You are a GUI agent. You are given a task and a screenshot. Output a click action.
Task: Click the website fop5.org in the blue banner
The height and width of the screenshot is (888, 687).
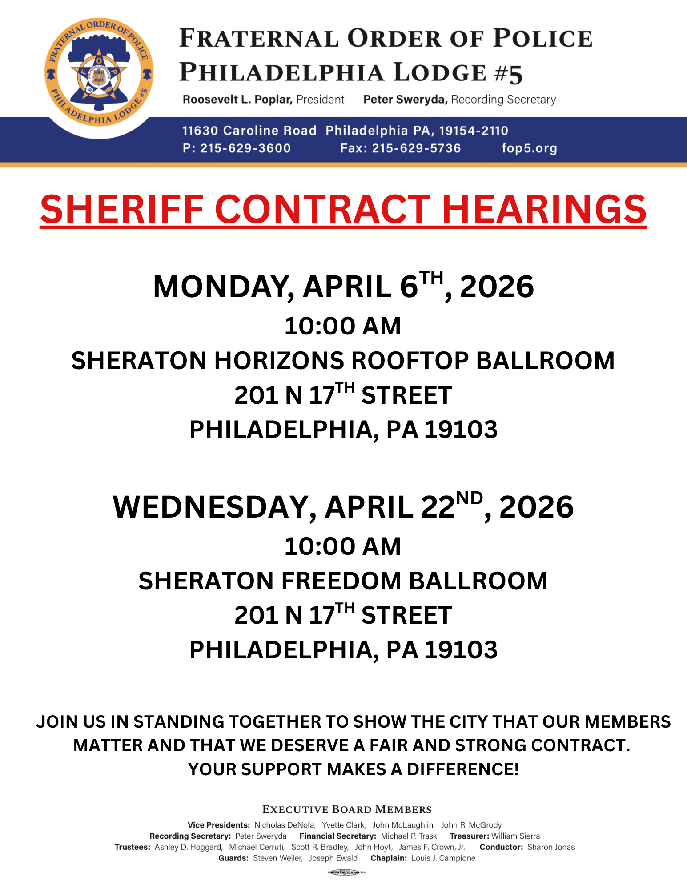(x=529, y=148)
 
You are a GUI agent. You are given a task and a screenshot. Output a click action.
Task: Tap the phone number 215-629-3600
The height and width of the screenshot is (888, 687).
(x=245, y=148)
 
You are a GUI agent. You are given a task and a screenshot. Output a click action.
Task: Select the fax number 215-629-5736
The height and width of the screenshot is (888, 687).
(x=416, y=148)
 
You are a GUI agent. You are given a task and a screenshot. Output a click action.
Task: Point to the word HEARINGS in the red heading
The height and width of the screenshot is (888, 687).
(x=544, y=209)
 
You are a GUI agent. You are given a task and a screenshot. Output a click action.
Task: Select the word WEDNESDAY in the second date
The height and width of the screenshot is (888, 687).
(x=215, y=507)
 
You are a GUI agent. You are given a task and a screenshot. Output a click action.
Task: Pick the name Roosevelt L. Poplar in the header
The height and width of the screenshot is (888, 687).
(x=237, y=100)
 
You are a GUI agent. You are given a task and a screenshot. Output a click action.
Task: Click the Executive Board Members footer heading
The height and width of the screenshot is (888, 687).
(x=347, y=809)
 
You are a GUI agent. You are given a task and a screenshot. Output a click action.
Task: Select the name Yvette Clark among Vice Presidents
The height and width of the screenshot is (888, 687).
(x=344, y=825)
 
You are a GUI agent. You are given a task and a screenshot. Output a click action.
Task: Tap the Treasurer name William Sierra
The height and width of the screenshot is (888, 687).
(x=515, y=836)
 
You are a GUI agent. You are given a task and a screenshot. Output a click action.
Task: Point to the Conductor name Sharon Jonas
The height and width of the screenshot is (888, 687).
(x=551, y=847)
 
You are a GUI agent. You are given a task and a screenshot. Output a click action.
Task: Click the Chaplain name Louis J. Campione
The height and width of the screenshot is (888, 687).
(x=443, y=858)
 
